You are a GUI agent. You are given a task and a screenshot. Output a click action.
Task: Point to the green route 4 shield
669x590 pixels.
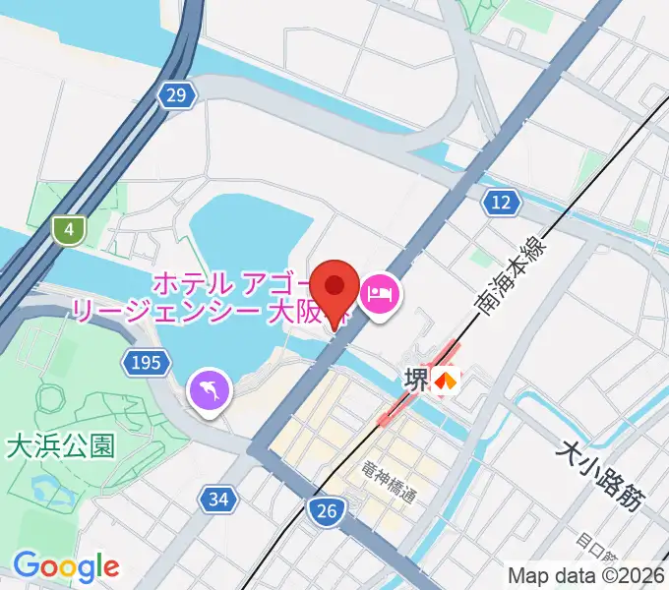[68, 230]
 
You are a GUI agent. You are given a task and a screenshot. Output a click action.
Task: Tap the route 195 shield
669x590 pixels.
[143, 364]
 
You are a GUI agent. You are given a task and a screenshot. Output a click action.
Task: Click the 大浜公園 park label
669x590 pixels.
[60, 446]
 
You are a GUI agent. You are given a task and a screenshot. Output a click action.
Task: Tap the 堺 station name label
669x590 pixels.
[416, 380]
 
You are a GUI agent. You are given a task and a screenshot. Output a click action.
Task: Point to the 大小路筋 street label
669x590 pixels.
[599, 475]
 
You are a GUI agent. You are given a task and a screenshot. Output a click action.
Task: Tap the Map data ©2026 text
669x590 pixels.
[586, 575]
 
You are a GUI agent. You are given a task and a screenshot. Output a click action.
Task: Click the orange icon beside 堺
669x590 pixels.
[448, 380]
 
